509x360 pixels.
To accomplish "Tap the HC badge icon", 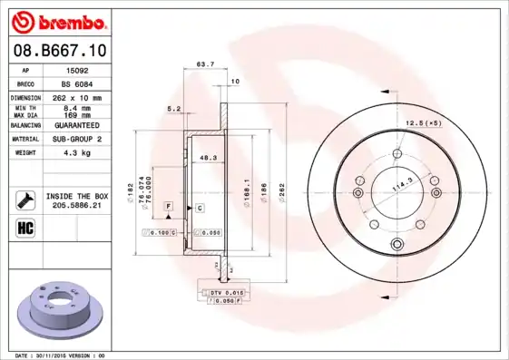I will [24, 227].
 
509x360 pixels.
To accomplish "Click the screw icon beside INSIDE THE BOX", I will [24, 199].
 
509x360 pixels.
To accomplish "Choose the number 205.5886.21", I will [77, 206].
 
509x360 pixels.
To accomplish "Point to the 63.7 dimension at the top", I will [205, 64].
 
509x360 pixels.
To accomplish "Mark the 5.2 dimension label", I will [173, 108].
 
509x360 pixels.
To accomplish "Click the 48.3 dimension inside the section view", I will [208, 158].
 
